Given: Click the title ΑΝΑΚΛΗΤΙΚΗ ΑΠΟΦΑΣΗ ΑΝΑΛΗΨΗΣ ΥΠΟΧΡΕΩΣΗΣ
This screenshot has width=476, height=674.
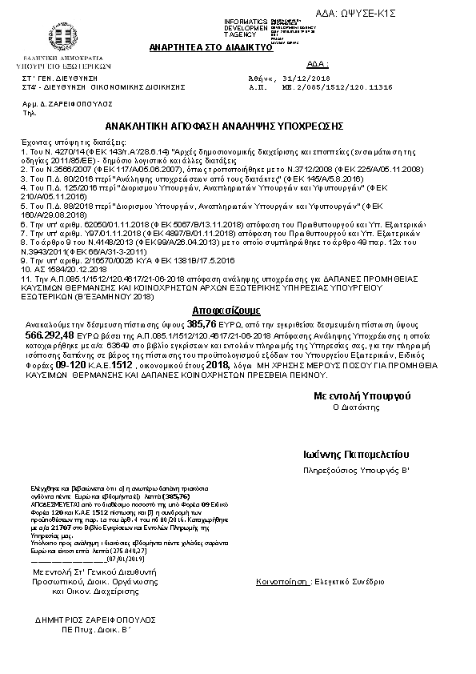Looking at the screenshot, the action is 225,126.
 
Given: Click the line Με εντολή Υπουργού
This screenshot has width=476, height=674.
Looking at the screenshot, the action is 362,395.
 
